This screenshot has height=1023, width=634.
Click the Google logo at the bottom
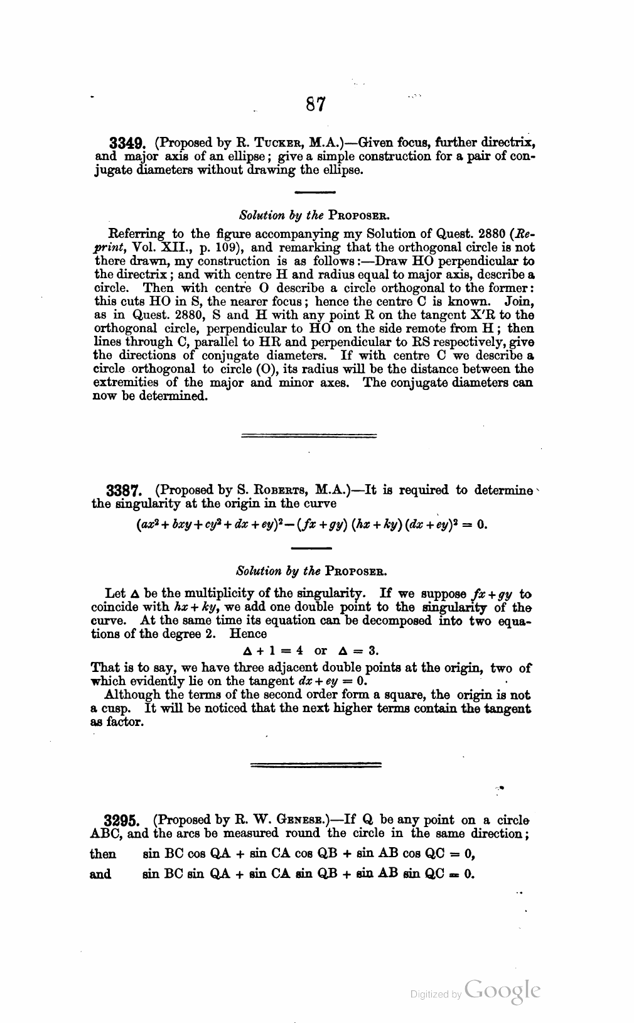click(503, 992)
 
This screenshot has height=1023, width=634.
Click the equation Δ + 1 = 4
click(274, 651)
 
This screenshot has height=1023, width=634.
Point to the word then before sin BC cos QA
click(103, 854)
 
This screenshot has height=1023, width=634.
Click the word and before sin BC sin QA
click(101, 874)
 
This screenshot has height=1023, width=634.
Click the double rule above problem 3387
click(308, 435)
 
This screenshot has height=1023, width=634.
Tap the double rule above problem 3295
click(316, 764)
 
